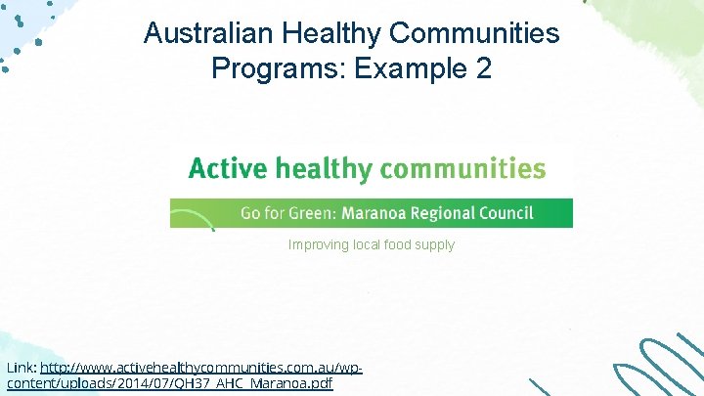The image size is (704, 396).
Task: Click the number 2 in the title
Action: (x=483, y=69)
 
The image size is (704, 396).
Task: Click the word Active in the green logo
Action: (x=227, y=168)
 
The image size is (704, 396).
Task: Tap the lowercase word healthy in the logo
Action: (x=323, y=169)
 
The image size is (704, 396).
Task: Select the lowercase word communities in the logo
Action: (x=462, y=168)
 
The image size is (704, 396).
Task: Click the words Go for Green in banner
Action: (x=283, y=213)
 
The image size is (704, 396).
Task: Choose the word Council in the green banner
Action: (x=505, y=213)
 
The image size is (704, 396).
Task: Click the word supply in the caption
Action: (x=436, y=245)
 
